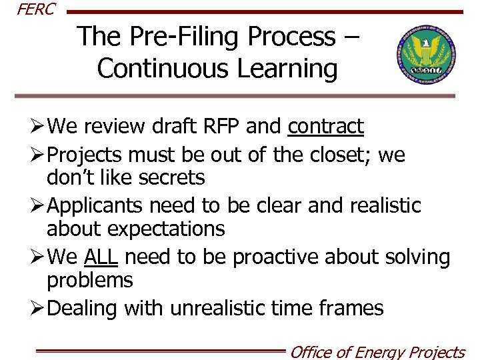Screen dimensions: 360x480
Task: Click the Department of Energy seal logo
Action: pos(425,55)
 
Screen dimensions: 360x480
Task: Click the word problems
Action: pos(90,280)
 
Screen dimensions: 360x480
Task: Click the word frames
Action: pos(352,308)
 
